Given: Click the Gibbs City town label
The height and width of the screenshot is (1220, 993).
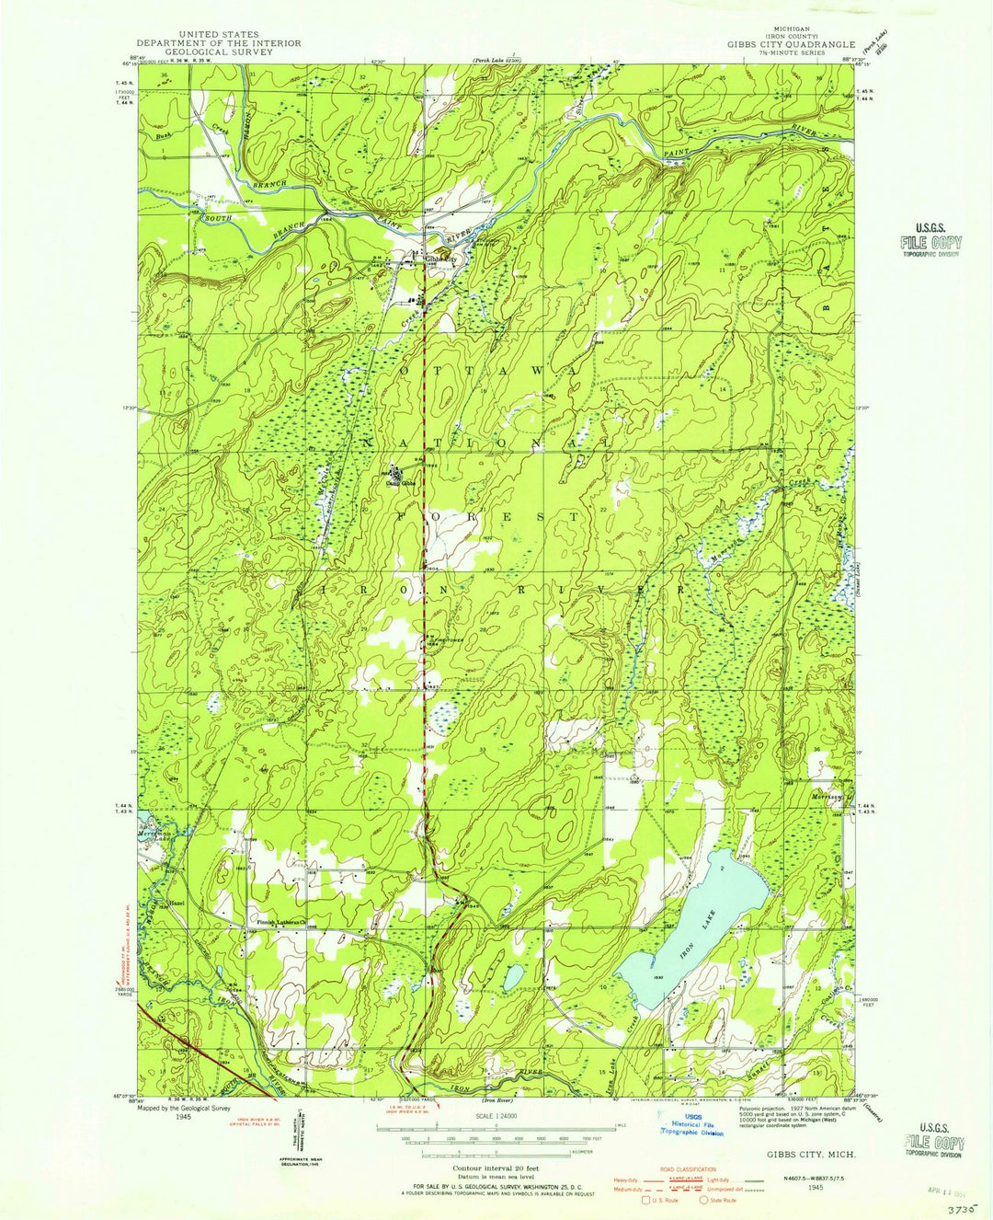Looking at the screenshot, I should click(439, 259).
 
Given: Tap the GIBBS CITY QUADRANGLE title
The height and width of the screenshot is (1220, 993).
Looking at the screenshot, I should click(791, 44).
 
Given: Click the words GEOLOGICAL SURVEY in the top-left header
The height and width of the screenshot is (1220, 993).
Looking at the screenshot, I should click(219, 52).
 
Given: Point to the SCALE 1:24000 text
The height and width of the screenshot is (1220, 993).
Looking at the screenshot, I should click(496, 1117).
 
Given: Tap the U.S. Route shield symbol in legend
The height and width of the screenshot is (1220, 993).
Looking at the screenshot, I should click(646, 1199).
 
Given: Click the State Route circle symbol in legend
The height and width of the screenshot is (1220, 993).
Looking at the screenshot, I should click(704, 1199).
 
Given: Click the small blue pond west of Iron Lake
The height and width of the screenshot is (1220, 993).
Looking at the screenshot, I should click(512, 978).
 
